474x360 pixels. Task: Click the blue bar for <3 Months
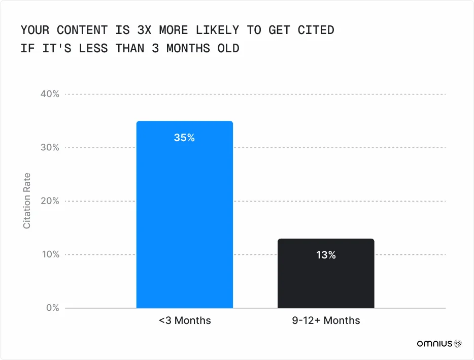(184, 214)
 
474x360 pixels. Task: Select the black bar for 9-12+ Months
(326, 274)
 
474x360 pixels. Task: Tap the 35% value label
(184, 138)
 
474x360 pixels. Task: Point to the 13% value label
(326, 255)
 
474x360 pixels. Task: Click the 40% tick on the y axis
(50, 94)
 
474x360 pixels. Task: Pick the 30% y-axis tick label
(50, 148)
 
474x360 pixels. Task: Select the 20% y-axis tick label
(50, 201)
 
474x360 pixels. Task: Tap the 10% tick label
(50, 254)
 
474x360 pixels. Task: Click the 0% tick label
(53, 308)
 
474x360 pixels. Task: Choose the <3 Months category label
(185, 320)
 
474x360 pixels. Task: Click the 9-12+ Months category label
(326, 320)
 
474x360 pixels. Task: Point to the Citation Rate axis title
(27, 201)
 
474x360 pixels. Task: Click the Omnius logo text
(434, 343)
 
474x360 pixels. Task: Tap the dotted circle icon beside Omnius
(458, 343)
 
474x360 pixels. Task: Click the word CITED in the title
(316, 30)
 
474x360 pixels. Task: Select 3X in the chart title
(144, 30)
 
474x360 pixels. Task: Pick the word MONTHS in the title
(188, 48)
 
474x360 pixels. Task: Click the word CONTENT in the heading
(82, 30)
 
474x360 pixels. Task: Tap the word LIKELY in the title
(217, 30)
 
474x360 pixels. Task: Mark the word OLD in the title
(228, 48)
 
